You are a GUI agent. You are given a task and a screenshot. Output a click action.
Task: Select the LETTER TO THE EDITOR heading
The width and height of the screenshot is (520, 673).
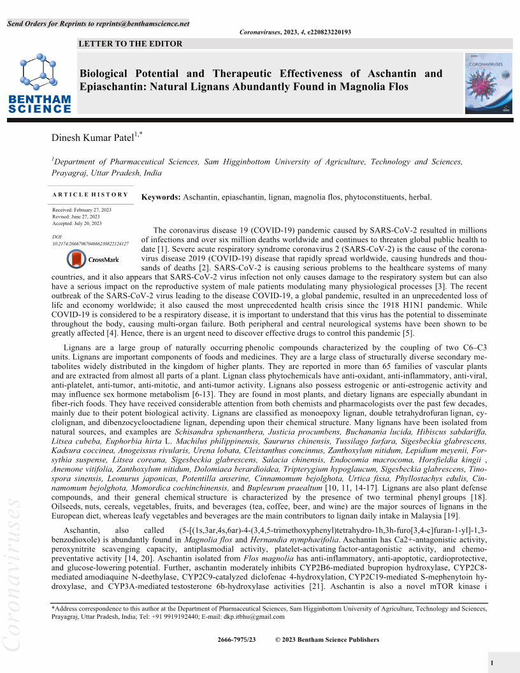[130, 44]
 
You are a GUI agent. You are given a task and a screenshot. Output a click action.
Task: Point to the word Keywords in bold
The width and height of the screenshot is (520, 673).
[161, 198]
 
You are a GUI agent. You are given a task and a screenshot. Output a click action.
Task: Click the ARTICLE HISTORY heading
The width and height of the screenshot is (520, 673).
[90, 194]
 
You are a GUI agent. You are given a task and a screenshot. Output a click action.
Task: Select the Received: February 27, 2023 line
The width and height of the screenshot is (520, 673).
[82, 210]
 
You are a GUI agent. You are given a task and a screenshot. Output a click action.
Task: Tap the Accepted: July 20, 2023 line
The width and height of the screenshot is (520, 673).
[76, 224]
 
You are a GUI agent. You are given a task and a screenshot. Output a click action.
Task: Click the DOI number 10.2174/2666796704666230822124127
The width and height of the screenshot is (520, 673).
[90, 243]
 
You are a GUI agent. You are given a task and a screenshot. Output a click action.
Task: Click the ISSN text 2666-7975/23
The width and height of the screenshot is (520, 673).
[236, 640]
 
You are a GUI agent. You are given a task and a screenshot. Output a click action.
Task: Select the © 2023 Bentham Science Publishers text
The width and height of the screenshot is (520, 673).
[327, 640]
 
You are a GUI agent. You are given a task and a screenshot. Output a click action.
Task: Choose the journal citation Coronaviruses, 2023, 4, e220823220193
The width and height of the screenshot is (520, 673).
[295, 32]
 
